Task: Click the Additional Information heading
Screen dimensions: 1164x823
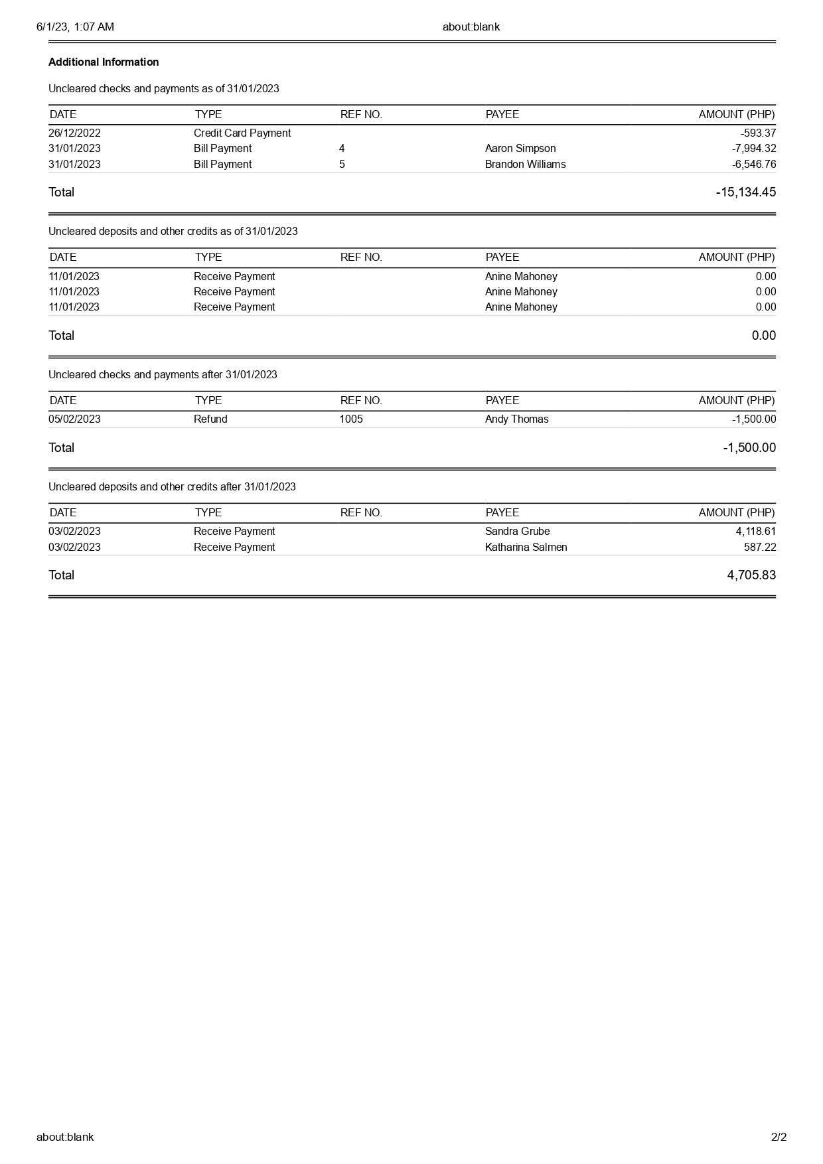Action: [x=104, y=62]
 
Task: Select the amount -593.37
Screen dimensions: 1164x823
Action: [x=758, y=133]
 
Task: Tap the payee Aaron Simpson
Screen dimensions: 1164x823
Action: [x=520, y=149]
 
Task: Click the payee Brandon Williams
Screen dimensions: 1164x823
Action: [x=525, y=165]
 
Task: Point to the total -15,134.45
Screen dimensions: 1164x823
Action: [x=745, y=192]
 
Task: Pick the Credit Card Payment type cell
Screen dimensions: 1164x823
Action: [x=242, y=133]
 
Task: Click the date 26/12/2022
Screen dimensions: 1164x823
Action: [x=74, y=133]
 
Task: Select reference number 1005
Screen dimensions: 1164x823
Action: [x=351, y=419]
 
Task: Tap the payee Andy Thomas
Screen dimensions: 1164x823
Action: [x=516, y=419]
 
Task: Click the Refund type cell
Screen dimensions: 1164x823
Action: [x=210, y=419]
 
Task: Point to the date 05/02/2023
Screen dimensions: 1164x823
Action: [x=74, y=419]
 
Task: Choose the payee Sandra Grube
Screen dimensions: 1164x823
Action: [x=517, y=532]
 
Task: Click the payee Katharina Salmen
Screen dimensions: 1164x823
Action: [x=526, y=547]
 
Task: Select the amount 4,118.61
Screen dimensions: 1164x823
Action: [x=755, y=532]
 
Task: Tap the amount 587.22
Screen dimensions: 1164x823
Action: [x=759, y=547]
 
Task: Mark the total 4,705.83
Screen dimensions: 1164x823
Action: [x=751, y=575]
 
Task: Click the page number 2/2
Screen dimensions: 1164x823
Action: [x=779, y=1137]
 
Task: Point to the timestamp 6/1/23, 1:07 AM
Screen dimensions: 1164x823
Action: [x=75, y=27]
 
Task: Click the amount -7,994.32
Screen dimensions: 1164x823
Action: [x=754, y=149]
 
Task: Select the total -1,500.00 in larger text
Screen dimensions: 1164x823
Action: [x=749, y=448]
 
